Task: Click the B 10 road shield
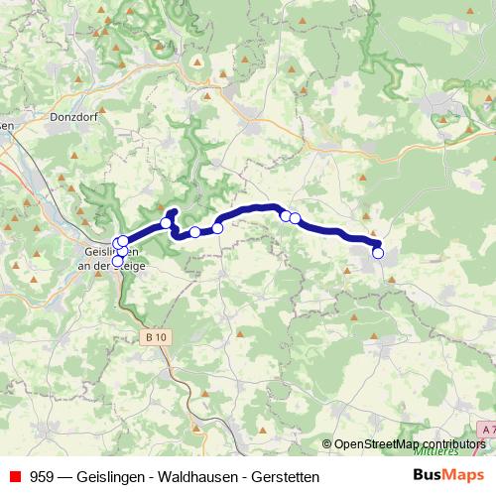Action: point(156,338)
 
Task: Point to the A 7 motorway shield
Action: point(486,429)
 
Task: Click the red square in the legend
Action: point(14,477)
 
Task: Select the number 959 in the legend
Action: point(43,477)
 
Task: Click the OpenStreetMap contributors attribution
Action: point(410,444)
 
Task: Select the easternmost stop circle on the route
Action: point(378,253)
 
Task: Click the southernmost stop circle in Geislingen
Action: point(117,261)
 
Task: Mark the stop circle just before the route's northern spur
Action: point(167,223)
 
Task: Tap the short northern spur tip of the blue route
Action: point(173,210)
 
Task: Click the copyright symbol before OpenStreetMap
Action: point(327,444)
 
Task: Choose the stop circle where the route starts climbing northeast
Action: point(218,228)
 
